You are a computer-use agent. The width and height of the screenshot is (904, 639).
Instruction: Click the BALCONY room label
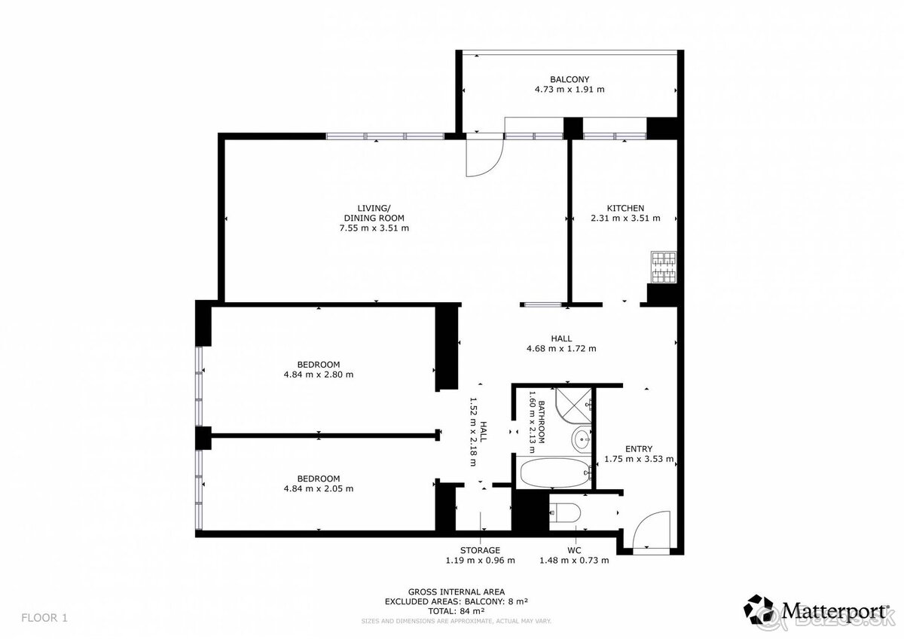[x=570, y=79]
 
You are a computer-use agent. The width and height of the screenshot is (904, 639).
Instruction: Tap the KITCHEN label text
[x=625, y=208]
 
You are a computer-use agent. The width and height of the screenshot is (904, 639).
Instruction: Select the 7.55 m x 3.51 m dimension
[x=374, y=228]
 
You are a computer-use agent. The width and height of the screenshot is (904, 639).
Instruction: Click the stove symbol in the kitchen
[x=664, y=268]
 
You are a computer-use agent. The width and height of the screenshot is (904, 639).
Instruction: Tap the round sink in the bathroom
[x=582, y=438]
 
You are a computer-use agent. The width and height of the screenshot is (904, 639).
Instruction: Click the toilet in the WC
[x=565, y=512]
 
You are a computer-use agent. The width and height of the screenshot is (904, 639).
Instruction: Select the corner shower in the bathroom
[x=573, y=405]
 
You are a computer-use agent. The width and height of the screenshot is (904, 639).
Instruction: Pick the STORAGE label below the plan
[x=481, y=550]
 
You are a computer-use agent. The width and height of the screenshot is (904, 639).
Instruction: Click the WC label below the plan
[x=574, y=550]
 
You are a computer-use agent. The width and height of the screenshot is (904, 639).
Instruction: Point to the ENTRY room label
[x=639, y=449]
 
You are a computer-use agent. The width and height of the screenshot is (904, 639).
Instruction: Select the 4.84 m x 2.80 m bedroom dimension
[x=319, y=375]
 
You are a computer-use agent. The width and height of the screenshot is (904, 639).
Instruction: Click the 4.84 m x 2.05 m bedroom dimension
[x=319, y=489]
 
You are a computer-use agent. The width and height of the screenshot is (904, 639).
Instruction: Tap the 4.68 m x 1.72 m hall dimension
[x=561, y=348]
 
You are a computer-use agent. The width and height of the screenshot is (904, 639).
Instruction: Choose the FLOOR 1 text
[x=44, y=618]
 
